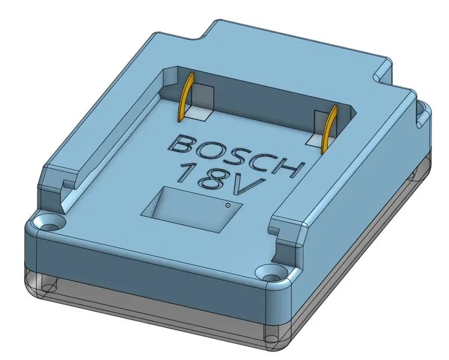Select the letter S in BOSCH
[233, 156]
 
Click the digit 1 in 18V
[186, 172]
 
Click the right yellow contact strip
[330, 131]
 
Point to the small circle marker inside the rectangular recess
[228, 204]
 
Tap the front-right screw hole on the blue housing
[267, 270]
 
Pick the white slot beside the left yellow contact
[199, 113]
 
